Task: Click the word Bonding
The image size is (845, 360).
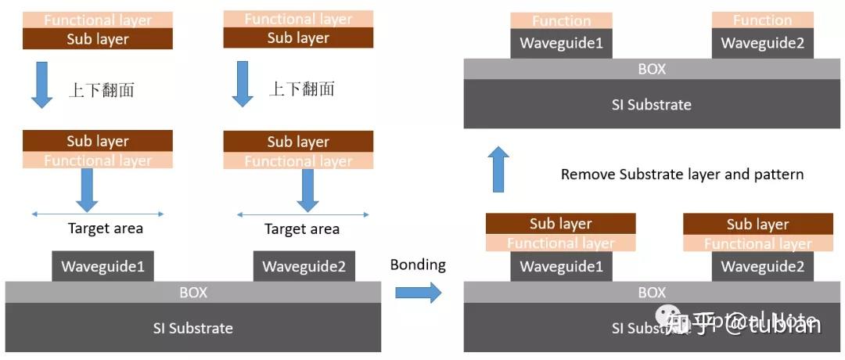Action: [x=418, y=265]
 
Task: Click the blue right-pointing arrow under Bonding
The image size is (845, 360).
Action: [x=418, y=293]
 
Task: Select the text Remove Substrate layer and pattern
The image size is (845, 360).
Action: [x=681, y=174]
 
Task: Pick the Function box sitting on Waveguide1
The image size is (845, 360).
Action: [x=561, y=21]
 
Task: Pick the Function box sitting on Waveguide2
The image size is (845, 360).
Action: [x=762, y=21]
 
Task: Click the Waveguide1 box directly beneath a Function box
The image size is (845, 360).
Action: [x=561, y=44]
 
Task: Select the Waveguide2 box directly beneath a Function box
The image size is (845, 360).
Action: [x=762, y=44]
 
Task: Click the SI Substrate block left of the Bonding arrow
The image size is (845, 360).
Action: [x=192, y=327]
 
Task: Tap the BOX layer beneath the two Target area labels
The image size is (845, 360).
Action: [x=192, y=292]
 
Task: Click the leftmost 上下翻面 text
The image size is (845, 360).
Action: [x=101, y=89]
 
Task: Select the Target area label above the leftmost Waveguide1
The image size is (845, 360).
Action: [x=105, y=229]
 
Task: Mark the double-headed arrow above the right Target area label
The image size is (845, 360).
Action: [x=302, y=214]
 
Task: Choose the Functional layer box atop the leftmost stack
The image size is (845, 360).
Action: [x=98, y=20]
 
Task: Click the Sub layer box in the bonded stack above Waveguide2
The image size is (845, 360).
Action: [x=757, y=224]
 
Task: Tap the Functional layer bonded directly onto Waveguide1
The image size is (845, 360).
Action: [x=561, y=243]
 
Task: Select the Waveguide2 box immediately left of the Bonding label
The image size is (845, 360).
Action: [x=304, y=266]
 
